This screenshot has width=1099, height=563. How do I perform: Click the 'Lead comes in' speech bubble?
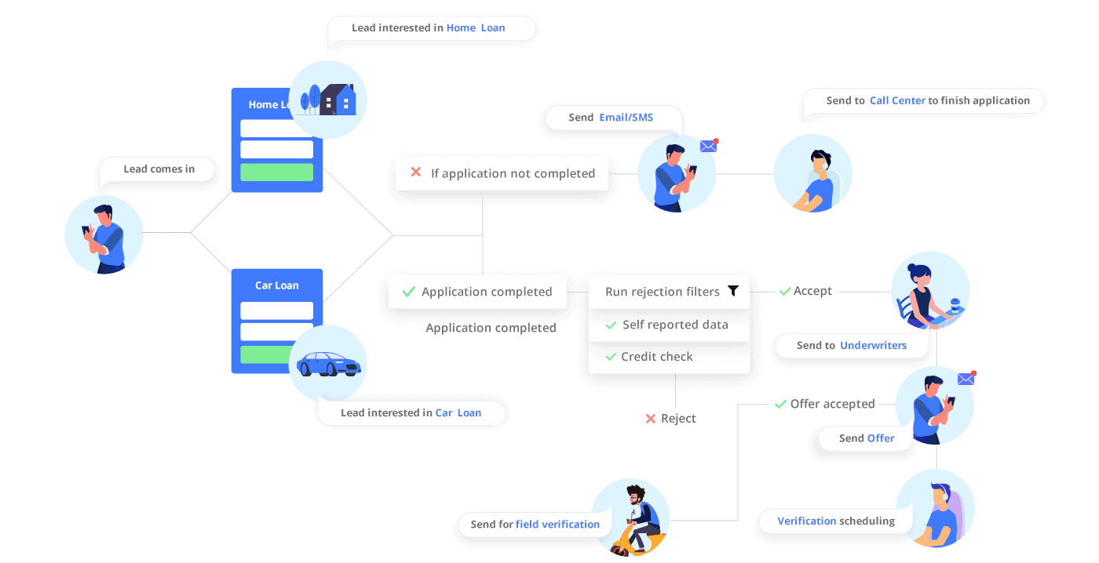[x=159, y=169]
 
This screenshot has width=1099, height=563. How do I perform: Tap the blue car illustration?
[x=328, y=365]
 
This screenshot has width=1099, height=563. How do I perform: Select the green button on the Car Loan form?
[x=276, y=354]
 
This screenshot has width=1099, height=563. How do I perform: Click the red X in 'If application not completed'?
[x=416, y=173]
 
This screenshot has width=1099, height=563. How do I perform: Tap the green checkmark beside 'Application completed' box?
[x=408, y=292]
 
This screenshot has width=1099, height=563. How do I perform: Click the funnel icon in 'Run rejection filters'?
[x=732, y=291]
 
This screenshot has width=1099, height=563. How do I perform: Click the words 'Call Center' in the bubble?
[x=897, y=100]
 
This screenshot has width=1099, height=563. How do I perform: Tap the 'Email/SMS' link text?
[x=626, y=118]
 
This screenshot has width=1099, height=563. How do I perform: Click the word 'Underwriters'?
[x=873, y=345]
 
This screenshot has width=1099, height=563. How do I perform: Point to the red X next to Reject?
[x=650, y=419]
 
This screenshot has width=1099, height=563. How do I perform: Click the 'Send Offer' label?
[x=867, y=438]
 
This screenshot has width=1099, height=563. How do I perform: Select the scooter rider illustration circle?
[x=630, y=518]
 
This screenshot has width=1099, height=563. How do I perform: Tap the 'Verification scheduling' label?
[x=836, y=521]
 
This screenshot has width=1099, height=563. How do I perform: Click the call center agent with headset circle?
[x=812, y=173]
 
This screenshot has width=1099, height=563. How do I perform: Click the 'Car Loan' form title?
[x=276, y=285]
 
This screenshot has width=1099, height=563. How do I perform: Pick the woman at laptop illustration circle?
[x=930, y=290]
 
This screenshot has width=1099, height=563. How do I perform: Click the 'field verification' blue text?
[x=557, y=524]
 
